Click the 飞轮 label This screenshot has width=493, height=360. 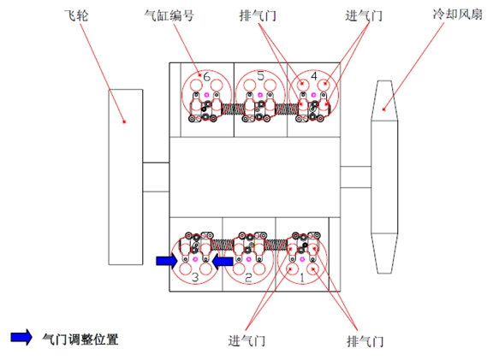point(76,15)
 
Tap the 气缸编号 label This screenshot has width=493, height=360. point(169,15)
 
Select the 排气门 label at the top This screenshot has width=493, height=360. point(258,15)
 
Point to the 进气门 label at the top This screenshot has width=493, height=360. point(364,15)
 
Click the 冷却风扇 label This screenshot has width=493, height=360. point(457,15)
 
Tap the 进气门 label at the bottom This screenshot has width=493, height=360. point(246,341)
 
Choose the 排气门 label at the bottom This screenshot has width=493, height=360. point(365,341)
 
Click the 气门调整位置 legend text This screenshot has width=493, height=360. point(80,339)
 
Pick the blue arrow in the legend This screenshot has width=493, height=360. point(21,337)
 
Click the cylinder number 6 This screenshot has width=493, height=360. point(206,76)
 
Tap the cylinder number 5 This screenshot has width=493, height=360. point(261,76)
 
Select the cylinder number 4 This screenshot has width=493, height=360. point(314,76)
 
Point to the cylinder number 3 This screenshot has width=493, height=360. point(195,277)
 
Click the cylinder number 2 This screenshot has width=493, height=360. point(248,277)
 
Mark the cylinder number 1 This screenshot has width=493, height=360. point(302,277)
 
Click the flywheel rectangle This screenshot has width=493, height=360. point(126,177)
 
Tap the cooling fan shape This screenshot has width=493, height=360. point(384,177)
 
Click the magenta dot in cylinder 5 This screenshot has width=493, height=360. point(260,95)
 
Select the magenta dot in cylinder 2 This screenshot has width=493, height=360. point(249,259)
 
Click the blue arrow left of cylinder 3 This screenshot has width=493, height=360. point(167,261)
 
